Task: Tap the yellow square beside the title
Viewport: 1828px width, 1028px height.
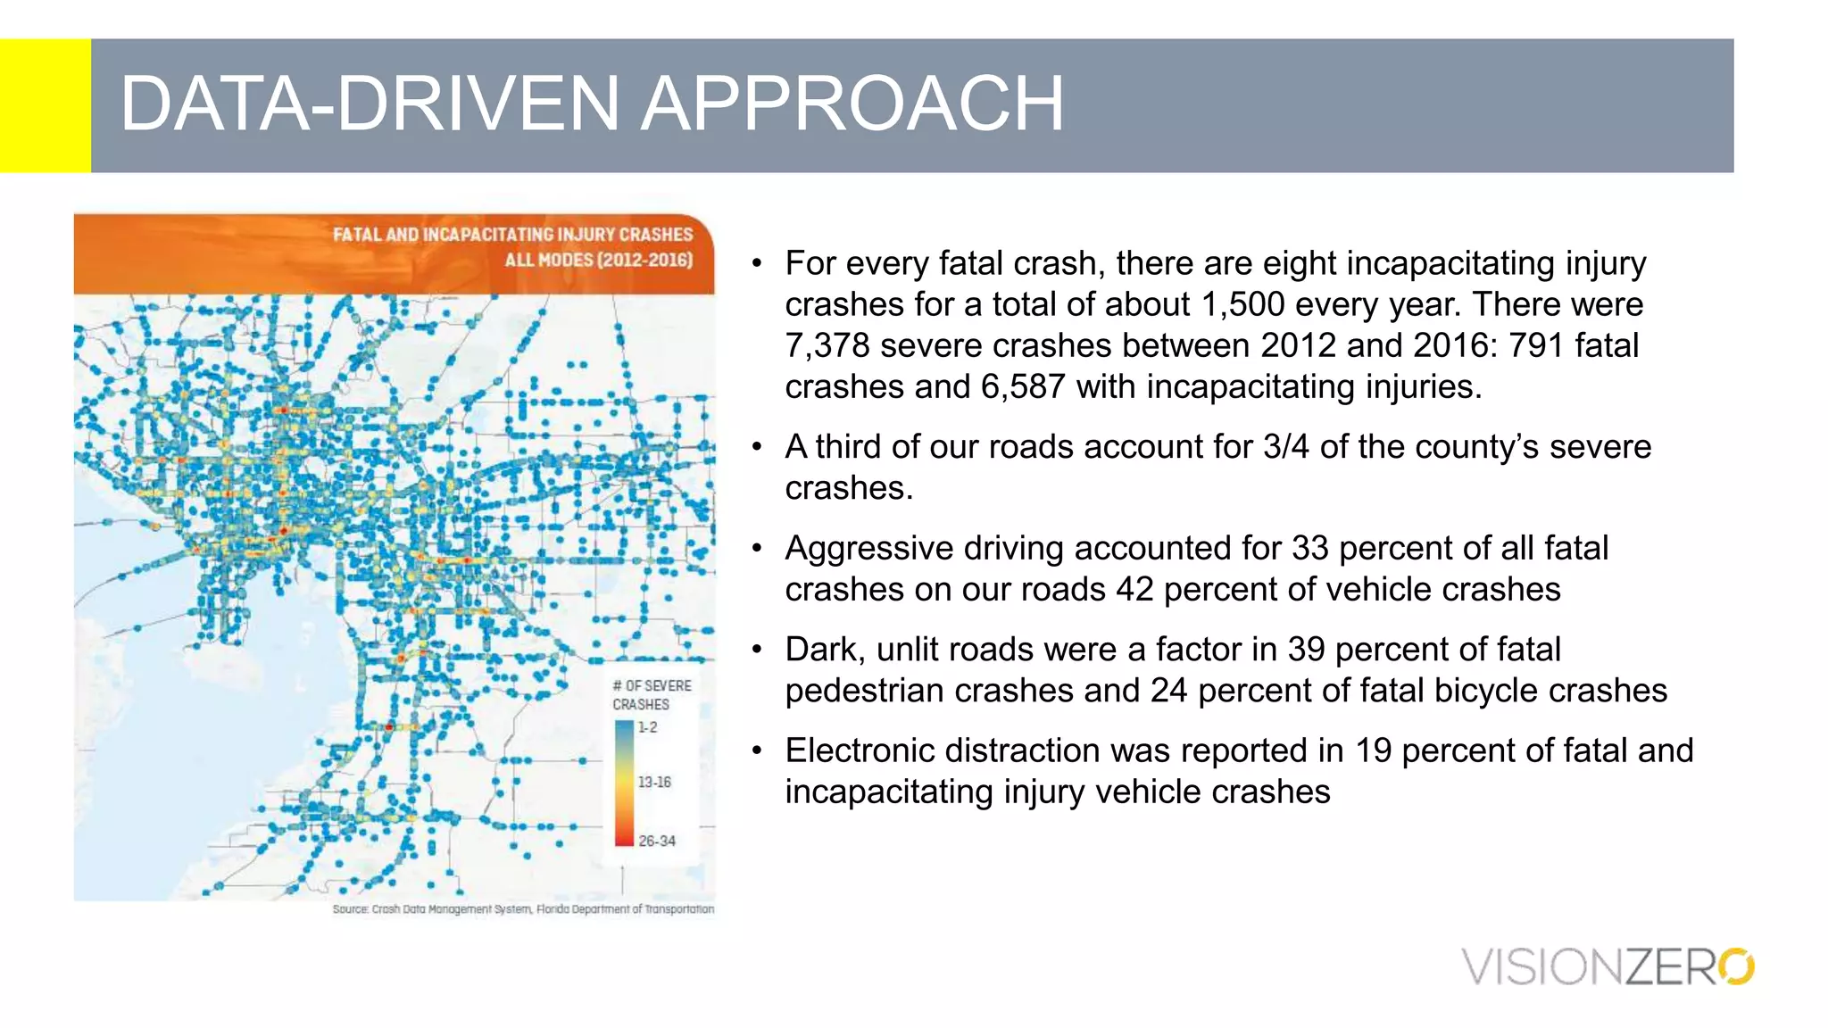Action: click(x=45, y=105)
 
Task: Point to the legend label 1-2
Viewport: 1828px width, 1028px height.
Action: click(x=647, y=727)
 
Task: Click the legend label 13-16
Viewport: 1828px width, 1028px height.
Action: click(x=654, y=782)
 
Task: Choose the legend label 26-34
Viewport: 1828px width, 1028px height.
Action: click(x=657, y=841)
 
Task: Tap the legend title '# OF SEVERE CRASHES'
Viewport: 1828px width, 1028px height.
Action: click(x=651, y=694)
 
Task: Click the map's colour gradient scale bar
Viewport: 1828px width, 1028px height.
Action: click(x=623, y=783)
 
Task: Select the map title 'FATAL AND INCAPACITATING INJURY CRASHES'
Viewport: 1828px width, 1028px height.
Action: click(x=512, y=235)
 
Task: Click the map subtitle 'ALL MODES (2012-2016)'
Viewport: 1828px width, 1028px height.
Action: click(x=598, y=260)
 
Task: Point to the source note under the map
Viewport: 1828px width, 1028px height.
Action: click(x=523, y=909)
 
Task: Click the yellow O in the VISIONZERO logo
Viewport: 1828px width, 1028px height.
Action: click(x=1736, y=966)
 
